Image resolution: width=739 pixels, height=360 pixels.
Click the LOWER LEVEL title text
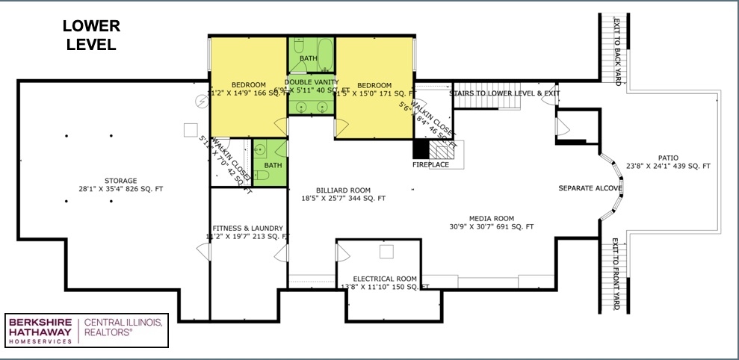pos(91,35)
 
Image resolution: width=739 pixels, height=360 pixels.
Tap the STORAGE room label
pos(120,181)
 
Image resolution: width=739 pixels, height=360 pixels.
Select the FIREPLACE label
pos(430,164)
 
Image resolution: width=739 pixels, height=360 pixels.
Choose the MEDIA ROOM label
pos(491,218)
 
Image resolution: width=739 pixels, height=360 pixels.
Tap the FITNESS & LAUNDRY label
pos(247,228)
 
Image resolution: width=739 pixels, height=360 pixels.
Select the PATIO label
pos(668,158)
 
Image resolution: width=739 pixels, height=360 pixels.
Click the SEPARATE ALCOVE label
pos(590,188)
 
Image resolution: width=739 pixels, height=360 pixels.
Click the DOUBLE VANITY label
pos(312,82)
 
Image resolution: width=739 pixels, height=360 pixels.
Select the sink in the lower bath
pos(260,149)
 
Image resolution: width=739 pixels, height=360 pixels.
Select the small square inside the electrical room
pos(386,252)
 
